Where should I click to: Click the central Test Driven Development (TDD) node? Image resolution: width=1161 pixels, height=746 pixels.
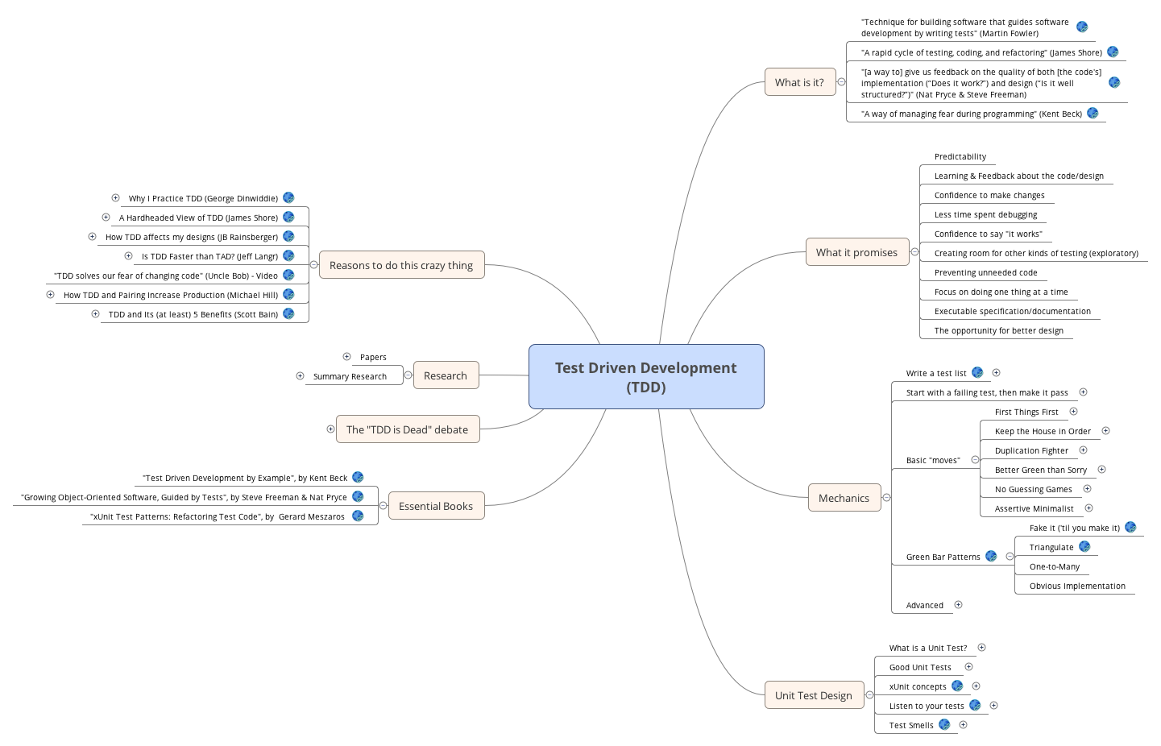coord(646,376)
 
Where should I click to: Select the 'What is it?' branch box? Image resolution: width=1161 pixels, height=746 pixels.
coord(799,82)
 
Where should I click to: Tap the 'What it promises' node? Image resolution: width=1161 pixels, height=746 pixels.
coord(856,252)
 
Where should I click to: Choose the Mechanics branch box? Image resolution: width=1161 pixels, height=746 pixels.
coord(844,498)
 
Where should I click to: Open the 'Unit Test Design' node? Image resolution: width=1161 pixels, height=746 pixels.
coord(813,695)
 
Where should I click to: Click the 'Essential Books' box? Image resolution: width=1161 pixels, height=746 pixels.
coord(436,506)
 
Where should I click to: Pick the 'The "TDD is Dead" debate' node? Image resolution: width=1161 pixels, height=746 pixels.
coord(407,429)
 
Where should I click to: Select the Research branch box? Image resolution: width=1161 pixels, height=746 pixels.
coord(446,375)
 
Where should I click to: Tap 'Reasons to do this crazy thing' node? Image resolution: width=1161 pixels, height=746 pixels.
coord(401,265)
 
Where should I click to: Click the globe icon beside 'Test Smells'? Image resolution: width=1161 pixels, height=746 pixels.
coord(944,724)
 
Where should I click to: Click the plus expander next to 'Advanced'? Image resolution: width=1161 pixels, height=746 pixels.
coord(958,604)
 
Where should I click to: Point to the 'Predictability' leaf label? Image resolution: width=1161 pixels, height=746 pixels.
coord(960,157)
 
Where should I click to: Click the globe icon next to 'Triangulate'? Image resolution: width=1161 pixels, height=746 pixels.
coord(1084,546)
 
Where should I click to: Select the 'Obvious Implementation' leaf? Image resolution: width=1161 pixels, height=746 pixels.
coord(1077,586)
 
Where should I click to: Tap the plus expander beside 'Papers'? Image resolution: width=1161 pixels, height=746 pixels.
coord(346,356)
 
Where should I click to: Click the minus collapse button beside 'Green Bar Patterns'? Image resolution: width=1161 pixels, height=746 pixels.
coord(1010,556)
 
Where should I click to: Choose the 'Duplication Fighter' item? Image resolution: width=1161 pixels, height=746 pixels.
coord(1031,450)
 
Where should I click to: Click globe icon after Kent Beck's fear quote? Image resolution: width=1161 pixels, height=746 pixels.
coord(1093,113)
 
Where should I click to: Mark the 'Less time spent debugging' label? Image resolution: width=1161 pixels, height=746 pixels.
coord(985,215)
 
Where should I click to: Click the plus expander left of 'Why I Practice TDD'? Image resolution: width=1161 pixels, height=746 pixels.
coord(115,197)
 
